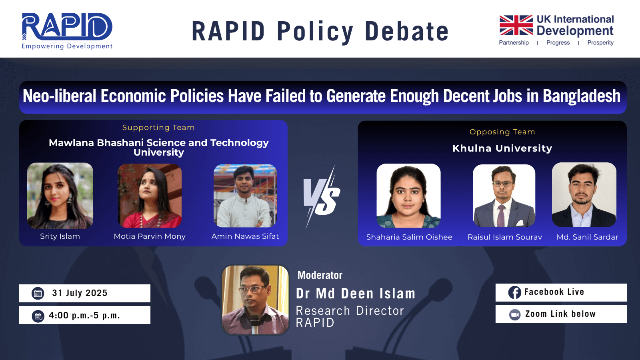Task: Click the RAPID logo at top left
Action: (x=67, y=31)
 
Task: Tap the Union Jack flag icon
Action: (x=516, y=25)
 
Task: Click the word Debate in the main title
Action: (x=406, y=31)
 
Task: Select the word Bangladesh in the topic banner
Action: (x=582, y=96)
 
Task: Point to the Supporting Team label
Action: (x=158, y=128)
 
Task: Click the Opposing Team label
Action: (x=502, y=132)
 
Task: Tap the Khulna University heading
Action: (x=502, y=148)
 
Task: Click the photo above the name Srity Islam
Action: (x=60, y=196)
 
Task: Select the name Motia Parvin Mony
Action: (x=150, y=236)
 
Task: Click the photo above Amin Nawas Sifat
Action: (x=245, y=196)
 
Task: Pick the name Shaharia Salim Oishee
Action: (x=409, y=237)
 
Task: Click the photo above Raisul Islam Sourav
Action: (x=504, y=196)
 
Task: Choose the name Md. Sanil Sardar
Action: (x=587, y=237)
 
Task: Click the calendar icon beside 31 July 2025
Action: (x=38, y=294)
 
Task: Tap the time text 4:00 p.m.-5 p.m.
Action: (x=84, y=316)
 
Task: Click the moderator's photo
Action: (x=256, y=300)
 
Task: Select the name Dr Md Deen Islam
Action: (x=356, y=294)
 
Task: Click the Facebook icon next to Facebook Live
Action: (x=514, y=292)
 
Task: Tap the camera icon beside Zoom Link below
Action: (x=515, y=315)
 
